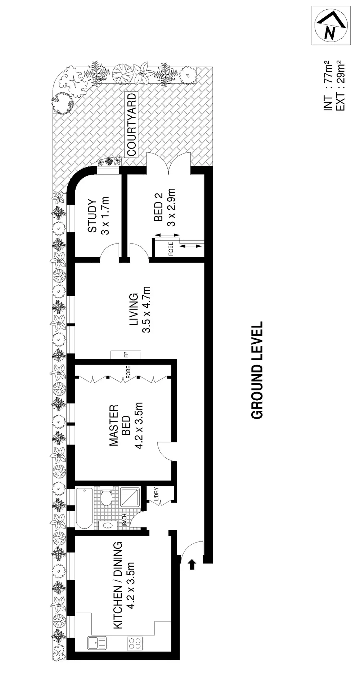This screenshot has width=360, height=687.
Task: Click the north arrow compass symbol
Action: coord(331,26)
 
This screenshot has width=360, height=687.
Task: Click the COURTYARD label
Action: coord(132,125)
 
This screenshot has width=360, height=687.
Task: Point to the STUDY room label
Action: coord(93,216)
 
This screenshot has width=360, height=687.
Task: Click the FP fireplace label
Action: coord(126,355)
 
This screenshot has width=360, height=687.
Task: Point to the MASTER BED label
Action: coord(119,425)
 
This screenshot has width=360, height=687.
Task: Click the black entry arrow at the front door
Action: coord(192,564)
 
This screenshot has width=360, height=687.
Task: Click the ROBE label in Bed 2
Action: coord(171,249)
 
